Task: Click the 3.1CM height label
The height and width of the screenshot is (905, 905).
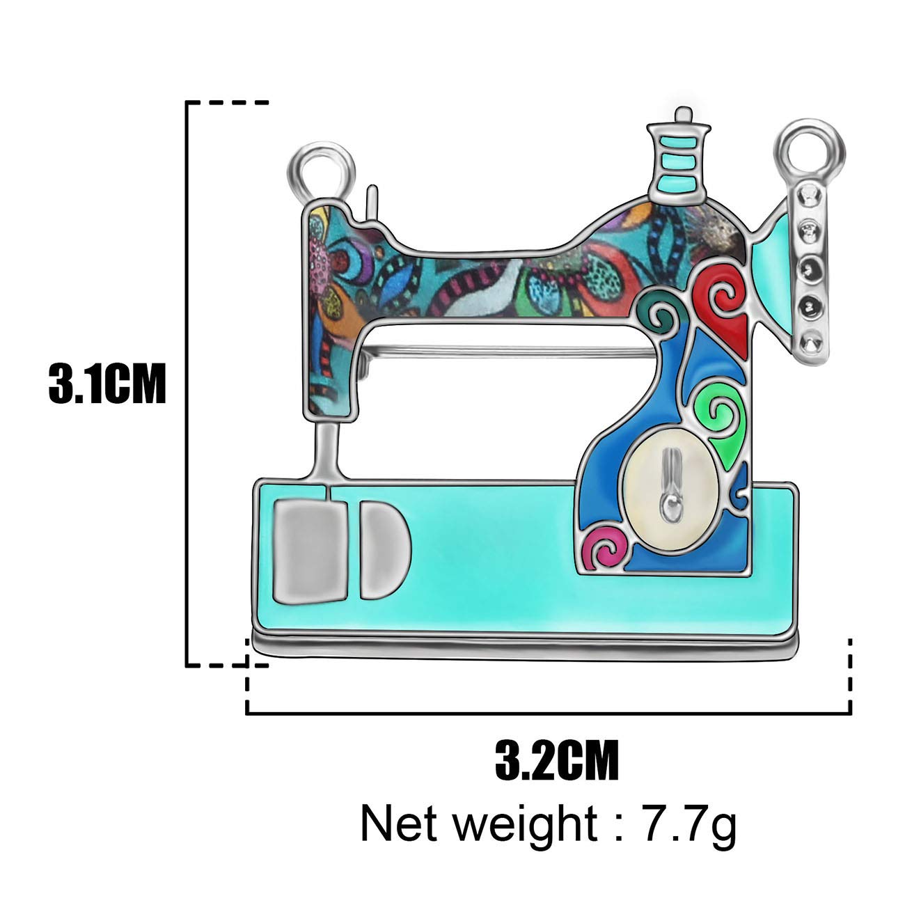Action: [107, 383]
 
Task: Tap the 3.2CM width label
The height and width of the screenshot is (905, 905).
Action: [557, 760]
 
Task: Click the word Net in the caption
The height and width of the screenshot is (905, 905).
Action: [399, 824]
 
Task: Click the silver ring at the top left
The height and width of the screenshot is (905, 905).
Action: [322, 170]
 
